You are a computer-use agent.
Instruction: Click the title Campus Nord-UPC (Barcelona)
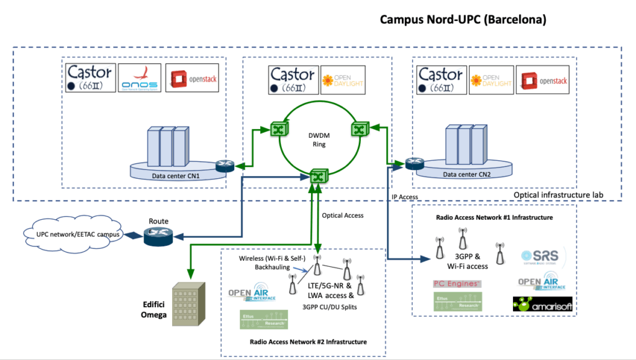[x=463, y=20]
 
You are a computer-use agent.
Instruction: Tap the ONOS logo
[x=139, y=78]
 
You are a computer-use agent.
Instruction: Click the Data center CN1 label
[x=176, y=176]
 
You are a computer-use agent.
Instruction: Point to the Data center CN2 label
[x=467, y=174]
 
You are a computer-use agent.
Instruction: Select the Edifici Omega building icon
[x=190, y=304]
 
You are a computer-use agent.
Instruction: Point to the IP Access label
[x=404, y=197]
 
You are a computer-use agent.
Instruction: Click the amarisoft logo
[x=542, y=304]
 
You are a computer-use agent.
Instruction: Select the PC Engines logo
[x=457, y=284]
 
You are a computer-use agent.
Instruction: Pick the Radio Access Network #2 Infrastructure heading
[x=308, y=341]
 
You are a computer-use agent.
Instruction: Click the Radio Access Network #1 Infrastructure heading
[x=494, y=218]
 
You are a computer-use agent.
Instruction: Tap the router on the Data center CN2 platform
[x=414, y=164]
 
